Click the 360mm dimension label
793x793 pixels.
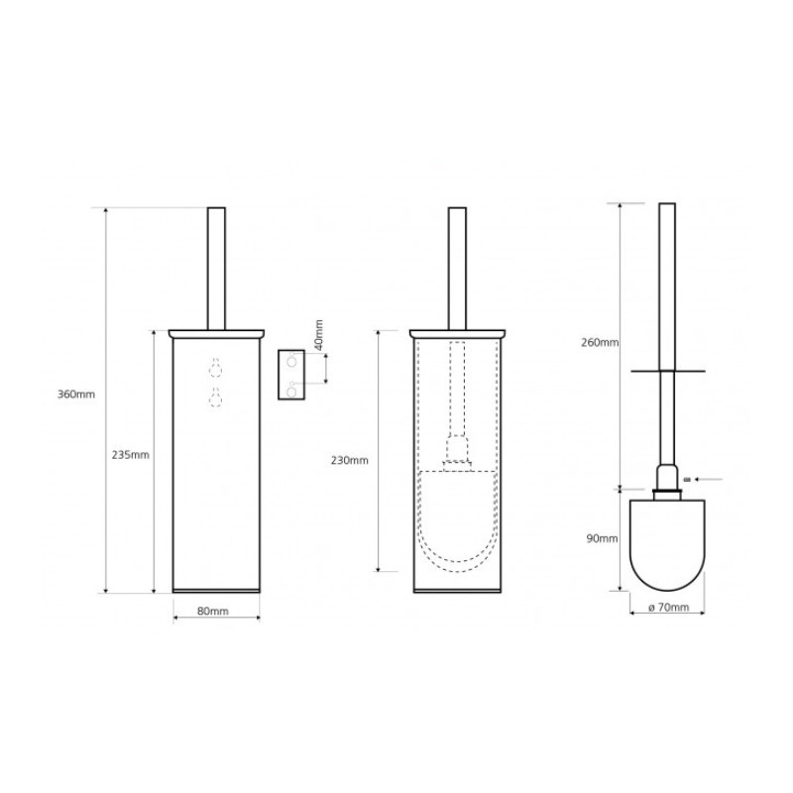(76, 394)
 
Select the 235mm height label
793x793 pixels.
(131, 455)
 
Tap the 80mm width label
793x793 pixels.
(213, 611)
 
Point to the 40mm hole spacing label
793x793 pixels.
(318, 335)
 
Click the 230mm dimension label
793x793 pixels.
(350, 461)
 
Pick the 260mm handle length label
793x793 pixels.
(600, 342)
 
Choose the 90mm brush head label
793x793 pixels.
(603, 539)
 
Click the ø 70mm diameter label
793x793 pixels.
(668, 607)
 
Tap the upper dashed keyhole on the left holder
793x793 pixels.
(216, 368)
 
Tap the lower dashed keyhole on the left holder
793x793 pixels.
(216, 396)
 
